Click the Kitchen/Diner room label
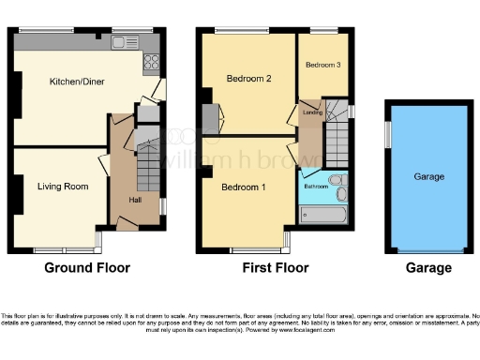(x=77, y=82)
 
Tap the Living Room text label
(x=63, y=187)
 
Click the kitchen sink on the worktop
(x=123, y=42)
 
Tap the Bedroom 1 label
(x=244, y=187)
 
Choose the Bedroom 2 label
(x=248, y=79)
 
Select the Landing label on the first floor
(x=313, y=112)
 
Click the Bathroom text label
(x=316, y=187)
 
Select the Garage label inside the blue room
(x=429, y=176)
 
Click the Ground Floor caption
(x=87, y=268)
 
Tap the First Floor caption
(x=270, y=268)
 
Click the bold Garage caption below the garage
(x=428, y=268)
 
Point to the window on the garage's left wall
(x=386, y=135)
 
